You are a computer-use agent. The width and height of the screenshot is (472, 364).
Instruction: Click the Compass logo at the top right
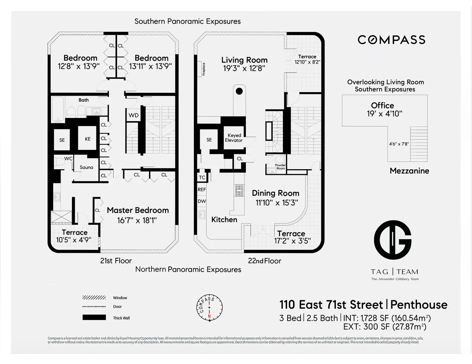(391, 40)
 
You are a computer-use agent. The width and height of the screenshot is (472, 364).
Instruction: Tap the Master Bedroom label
(138, 211)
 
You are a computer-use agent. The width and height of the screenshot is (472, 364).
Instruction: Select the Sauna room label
(87, 167)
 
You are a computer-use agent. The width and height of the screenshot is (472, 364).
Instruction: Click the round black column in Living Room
(239, 92)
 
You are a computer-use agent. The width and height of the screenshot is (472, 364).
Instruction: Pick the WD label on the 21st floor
(133, 115)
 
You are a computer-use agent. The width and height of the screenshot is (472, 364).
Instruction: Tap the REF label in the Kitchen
(202, 189)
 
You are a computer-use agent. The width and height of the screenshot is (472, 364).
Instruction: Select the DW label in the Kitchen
(202, 201)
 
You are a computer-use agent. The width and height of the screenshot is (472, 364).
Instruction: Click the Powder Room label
(280, 166)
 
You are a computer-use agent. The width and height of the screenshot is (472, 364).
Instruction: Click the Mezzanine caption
(409, 171)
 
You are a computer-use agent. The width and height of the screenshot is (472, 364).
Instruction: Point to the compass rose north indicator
(210, 316)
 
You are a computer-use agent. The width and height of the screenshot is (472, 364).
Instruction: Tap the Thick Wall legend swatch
(94, 318)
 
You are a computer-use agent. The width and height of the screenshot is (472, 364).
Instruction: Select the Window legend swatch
(94, 298)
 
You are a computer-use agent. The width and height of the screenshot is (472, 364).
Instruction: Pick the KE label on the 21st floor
(87, 139)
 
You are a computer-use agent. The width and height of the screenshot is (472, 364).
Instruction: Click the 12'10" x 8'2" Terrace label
(307, 59)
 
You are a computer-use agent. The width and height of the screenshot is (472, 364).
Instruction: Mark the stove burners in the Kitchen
(240, 190)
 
